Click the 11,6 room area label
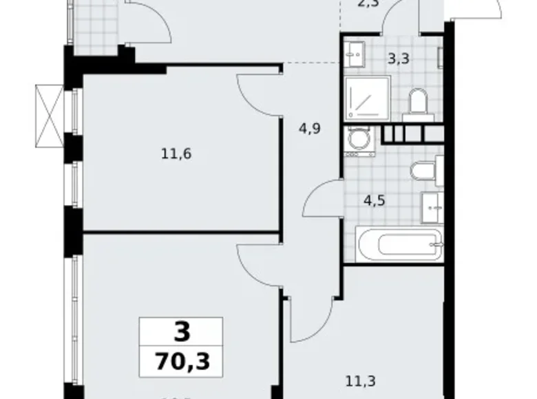click(x=176, y=154)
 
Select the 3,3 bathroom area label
click(x=399, y=58)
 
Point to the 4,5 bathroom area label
click(x=374, y=202)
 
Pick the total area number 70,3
click(x=182, y=361)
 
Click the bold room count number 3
click(x=181, y=333)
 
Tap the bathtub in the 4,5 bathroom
click(x=392, y=244)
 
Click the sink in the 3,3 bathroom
click(x=358, y=52)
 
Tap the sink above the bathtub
click(x=432, y=204)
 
